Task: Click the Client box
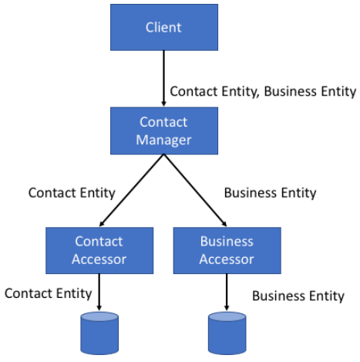(164, 27)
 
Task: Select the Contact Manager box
(164, 130)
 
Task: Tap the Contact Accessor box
(99, 250)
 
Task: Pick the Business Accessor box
(227, 250)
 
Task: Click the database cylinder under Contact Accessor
(99, 333)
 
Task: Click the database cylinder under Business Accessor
(227, 333)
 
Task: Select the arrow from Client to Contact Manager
(163, 79)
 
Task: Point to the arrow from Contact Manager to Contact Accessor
(132, 191)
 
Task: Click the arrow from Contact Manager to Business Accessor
(195, 191)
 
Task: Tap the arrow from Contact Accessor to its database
(99, 293)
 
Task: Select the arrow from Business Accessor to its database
(227, 293)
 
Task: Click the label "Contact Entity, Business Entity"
(263, 92)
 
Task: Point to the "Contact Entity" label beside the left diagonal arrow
(72, 193)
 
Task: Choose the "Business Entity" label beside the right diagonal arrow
(270, 193)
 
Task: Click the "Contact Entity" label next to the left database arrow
(48, 293)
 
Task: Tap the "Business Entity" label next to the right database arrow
(298, 296)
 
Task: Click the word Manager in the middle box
(163, 140)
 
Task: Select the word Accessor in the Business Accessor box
(227, 259)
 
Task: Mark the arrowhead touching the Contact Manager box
(163, 103)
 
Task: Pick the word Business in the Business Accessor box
(227, 242)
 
